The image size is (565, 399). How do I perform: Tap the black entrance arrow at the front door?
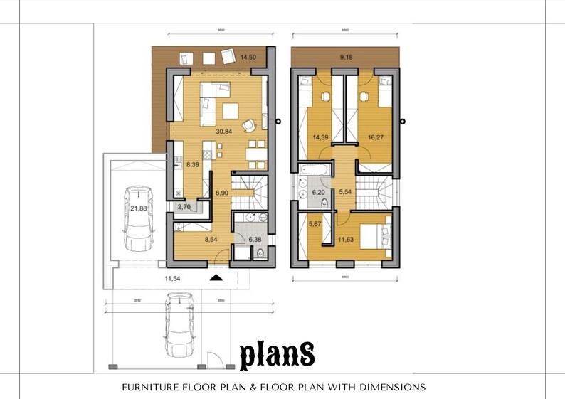pos(215,277)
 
